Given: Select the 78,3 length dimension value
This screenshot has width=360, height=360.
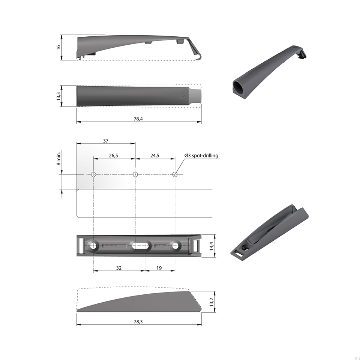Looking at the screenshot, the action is (138, 322).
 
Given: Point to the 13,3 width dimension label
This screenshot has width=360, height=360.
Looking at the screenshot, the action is (58, 96).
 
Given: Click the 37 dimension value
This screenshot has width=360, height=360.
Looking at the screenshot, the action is (106, 141).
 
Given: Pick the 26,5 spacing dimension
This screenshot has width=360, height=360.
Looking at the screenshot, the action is (113, 156).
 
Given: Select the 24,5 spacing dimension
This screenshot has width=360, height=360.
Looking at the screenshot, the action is (155, 156).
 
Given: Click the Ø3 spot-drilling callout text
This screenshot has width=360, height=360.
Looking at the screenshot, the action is (201, 156).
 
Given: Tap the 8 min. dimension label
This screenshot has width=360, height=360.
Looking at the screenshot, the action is (58, 158).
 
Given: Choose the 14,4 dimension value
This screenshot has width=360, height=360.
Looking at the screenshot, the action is (211, 246).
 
